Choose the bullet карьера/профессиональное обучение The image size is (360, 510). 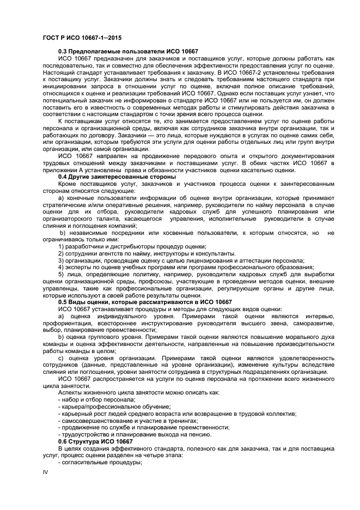pyautogui.click(x=114, y=406)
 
